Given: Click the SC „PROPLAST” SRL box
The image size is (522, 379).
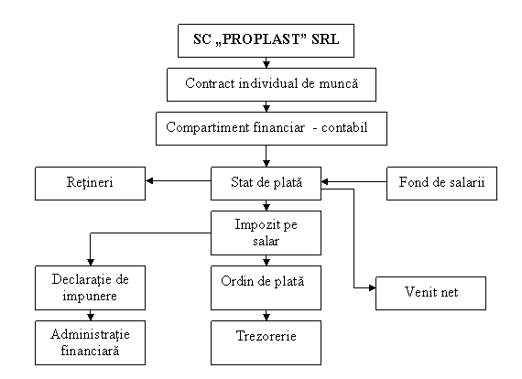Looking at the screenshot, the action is pyautogui.click(x=266, y=40).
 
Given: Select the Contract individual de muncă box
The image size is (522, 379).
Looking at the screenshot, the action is pyautogui.click(x=271, y=84).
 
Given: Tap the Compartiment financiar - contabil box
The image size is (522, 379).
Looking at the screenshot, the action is pyautogui.click(x=271, y=128).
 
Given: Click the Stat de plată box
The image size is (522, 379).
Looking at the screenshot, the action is pyautogui.click(x=266, y=183).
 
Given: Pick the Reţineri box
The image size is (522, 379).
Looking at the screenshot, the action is pyautogui.click(x=91, y=183).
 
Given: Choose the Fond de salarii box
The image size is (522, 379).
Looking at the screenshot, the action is pyautogui.click(x=441, y=183).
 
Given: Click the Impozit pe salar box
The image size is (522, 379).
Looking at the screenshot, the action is pyautogui.click(x=266, y=233).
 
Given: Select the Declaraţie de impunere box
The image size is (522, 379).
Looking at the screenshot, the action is pyautogui.click(x=91, y=287).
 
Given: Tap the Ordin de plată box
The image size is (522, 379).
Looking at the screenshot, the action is pyautogui.click(x=266, y=287).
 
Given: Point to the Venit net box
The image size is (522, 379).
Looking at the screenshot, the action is pyautogui.click(x=430, y=293).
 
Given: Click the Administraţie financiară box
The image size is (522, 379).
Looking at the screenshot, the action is pyautogui.click(x=91, y=342).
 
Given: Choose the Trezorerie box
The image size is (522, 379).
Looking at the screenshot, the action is pyautogui.click(x=266, y=342).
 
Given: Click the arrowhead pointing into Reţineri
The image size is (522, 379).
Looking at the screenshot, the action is pyautogui.click(x=149, y=180).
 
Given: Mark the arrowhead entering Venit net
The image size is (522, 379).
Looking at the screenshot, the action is pyautogui.click(x=372, y=287).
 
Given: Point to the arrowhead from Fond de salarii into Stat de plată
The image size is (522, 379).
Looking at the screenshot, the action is pyautogui.click(x=325, y=181).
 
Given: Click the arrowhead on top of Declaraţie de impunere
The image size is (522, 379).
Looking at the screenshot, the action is pyautogui.click(x=91, y=262).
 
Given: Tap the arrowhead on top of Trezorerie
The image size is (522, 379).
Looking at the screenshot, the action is pyautogui.click(x=266, y=317).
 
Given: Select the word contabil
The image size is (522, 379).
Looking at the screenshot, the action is pyautogui.click(x=344, y=127).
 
